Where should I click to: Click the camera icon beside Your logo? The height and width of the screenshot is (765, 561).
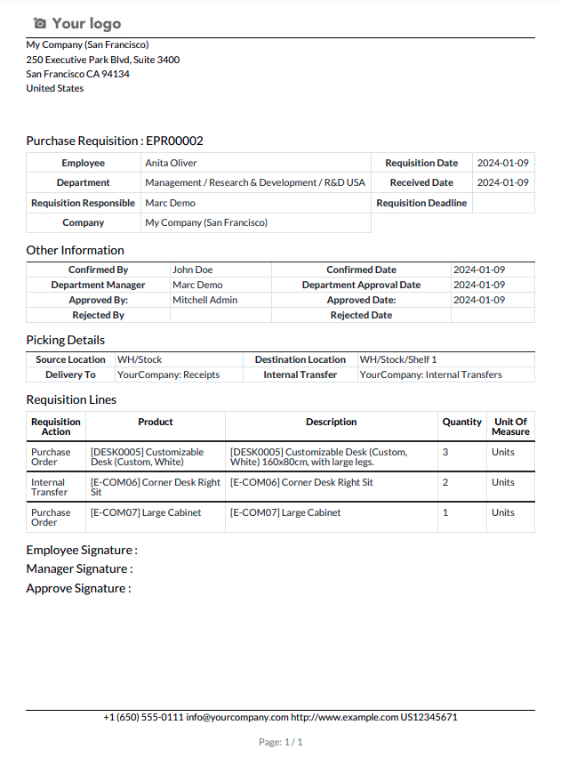click(39, 23)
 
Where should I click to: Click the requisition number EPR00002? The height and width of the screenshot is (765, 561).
click(174, 141)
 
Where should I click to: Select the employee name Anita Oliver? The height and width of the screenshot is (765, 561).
click(171, 163)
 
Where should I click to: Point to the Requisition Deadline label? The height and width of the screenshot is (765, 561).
click(421, 203)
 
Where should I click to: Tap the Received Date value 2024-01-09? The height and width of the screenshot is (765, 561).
click(502, 182)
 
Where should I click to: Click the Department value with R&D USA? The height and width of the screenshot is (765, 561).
click(255, 182)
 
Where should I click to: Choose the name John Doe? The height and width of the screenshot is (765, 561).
click(192, 270)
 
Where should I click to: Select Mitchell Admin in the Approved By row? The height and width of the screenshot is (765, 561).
click(204, 300)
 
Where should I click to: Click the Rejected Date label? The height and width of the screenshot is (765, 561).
click(361, 315)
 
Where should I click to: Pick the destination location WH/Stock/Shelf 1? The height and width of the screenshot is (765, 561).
click(397, 359)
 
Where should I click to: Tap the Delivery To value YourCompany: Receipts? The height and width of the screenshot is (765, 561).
click(168, 374)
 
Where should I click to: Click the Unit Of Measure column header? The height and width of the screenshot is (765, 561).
click(510, 427)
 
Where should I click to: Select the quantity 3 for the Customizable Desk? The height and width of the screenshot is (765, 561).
click(445, 452)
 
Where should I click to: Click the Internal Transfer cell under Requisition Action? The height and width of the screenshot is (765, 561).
click(49, 487)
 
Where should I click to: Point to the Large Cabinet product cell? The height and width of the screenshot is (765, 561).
click(146, 512)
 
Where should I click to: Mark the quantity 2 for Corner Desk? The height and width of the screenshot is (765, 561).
click(445, 482)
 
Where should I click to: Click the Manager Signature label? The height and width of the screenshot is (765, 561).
click(79, 568)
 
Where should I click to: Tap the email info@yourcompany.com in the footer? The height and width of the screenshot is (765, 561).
click(237, 717)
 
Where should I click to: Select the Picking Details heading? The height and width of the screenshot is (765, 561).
click(65, 340)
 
